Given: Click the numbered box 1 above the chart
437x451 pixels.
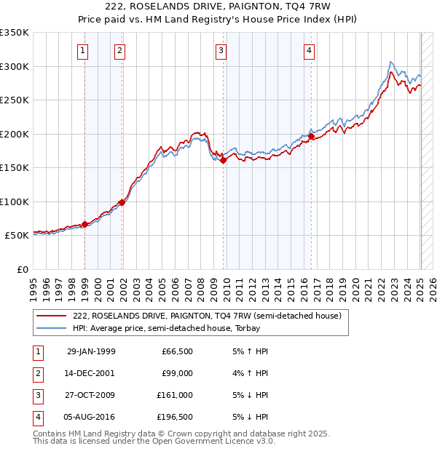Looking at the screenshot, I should (84, 51).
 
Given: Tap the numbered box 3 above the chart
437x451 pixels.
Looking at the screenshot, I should (220, 51).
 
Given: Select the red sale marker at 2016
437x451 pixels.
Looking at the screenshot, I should (311, 136).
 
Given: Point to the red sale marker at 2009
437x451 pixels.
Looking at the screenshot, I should (224, 161).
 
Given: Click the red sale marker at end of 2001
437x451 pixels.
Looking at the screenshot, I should (122, 202).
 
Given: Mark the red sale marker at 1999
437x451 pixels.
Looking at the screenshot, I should (84, 224).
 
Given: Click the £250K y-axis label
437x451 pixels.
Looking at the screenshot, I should (15, 100).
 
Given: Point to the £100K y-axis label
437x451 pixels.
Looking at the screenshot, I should (15, 201).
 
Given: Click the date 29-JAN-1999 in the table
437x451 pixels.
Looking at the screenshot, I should (91, 351).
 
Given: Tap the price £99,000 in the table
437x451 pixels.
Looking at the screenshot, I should (178, 373).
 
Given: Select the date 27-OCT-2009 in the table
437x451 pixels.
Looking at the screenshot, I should (91, 395).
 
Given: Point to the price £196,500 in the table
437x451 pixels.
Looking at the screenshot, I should (176, 417).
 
